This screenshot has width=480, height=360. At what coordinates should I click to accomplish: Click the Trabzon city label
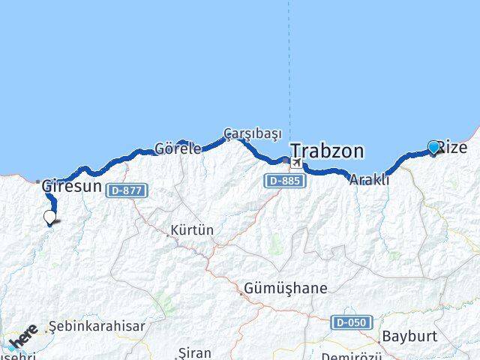click(327, 151)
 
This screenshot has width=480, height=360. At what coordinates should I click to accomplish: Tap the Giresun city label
click(71, 185)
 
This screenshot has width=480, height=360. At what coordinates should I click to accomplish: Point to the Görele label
click(178, 148)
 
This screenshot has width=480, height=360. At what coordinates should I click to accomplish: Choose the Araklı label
click(369, 179)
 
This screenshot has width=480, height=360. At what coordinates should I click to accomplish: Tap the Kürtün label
click(192, 229)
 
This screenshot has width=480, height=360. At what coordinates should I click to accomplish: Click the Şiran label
click(195, 352)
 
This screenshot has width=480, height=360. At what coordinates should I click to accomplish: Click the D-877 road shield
click(126, 190)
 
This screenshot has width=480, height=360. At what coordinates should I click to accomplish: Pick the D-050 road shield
click(351, 322)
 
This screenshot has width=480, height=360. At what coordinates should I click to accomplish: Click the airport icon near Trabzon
click(298, 163)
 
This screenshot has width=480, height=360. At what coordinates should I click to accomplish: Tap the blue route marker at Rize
click(433, 147)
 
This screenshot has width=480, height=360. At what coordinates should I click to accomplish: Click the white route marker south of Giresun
click(49, 217)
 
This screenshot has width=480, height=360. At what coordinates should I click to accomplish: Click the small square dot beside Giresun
click(38, 181)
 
